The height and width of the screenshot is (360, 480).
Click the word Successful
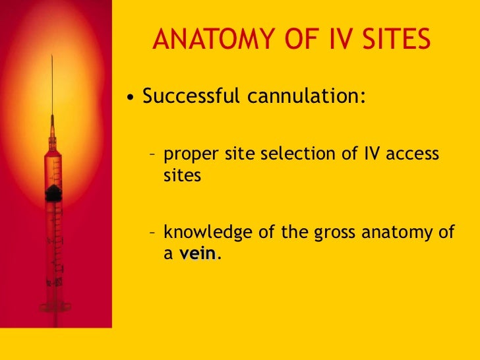pyautogui.click(x=192, y=96)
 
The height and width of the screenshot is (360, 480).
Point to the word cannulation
pyautogui.click(x=306, y=96)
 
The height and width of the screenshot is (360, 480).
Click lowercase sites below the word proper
pyautogui.click(x=181, y=177)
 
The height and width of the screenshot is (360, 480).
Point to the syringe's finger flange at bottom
pyautogui.click(x=55, y=307)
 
